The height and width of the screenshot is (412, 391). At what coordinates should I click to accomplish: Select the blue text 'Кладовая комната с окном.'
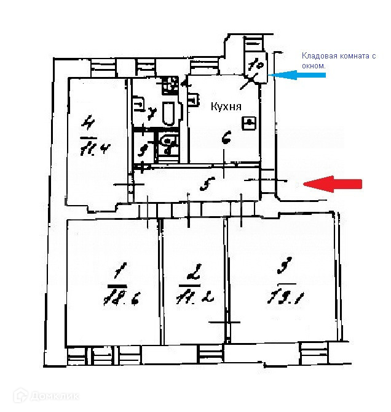[338, 60]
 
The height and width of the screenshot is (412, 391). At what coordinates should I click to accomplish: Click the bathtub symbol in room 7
[168, 113]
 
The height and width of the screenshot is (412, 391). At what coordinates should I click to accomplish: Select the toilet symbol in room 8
[168, 146]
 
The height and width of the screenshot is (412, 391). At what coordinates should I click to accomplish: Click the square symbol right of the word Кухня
[249, 123]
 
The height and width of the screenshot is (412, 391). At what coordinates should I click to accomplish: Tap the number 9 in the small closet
[143, 148]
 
